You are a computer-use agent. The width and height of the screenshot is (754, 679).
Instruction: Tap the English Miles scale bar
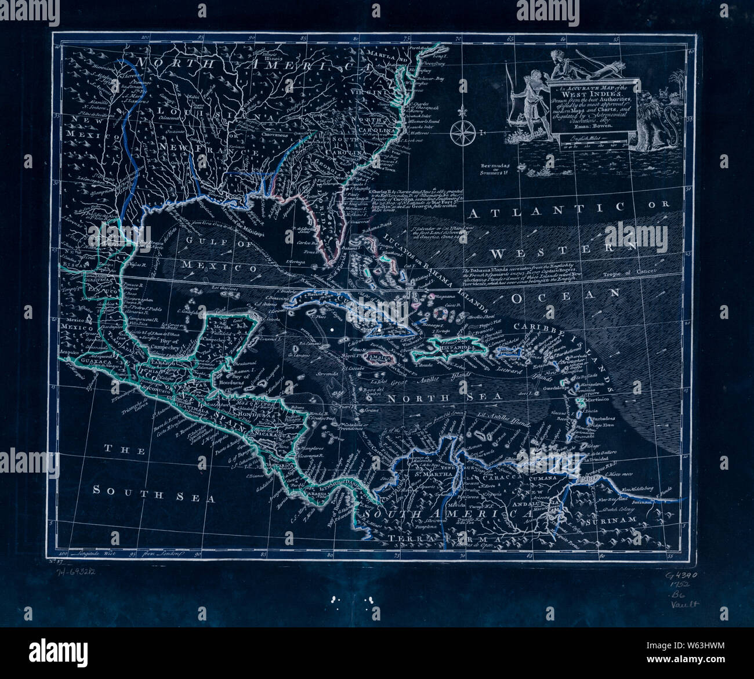[x=586, y=143]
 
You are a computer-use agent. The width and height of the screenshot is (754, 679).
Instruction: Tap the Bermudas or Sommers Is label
[x=498, y=168]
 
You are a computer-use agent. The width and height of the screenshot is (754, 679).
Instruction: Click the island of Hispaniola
[x=451, y=346]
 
